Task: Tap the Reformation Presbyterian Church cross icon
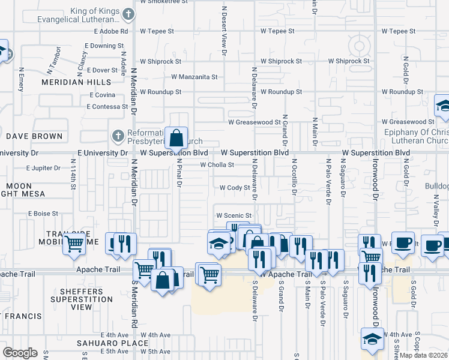118,137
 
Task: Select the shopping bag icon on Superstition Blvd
176,139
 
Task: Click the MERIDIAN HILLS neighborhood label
80,82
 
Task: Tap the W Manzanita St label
194,77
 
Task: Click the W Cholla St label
217,164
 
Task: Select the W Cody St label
234,188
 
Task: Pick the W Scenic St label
234,215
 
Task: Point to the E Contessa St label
107,107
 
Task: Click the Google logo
19,353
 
